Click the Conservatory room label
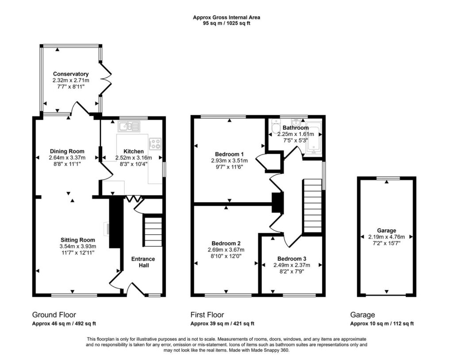[71, 74]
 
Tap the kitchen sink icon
[129, 126]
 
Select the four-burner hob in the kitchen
[155, 144]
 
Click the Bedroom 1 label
[227, 154]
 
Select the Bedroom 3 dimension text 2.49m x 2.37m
[292, 265]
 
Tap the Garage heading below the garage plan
[362, 314]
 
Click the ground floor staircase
[153, 232]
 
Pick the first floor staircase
[312, 205]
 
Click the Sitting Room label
[78, 240]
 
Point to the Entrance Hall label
[143, 262]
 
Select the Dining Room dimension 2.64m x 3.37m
[67, 158]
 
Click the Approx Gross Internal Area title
[226, 17]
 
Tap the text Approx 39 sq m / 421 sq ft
[222, 324]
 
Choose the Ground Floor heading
[54, 314]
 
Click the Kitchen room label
[134, 151]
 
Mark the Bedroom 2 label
[226, 244]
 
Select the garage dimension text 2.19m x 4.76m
[387, 237]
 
